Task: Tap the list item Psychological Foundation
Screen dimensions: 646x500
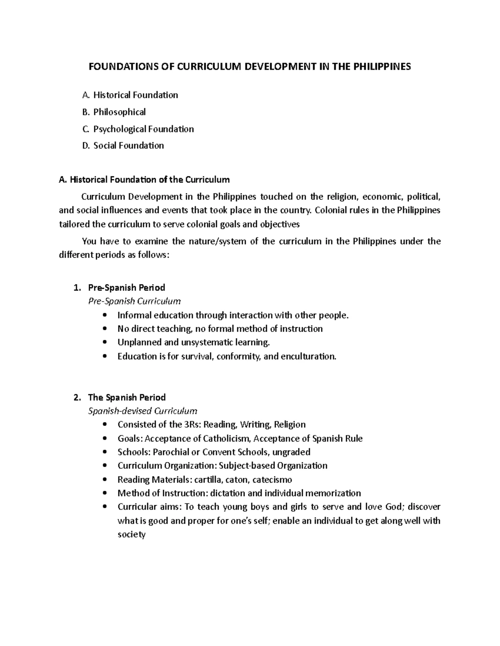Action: (x=143, y=129)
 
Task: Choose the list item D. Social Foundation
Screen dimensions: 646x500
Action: (x=123, y=146)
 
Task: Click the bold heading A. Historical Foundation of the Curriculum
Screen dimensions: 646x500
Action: (x=145, y=180)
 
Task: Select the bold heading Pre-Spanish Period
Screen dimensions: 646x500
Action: (x=127, y=287)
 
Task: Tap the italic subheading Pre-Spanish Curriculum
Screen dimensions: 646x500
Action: (x=135, y=301)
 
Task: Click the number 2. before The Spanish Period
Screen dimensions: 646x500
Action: (x=76, y=397)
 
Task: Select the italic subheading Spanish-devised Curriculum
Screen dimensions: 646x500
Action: (x=142, y=411)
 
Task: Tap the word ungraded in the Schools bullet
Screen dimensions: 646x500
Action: (x=291, y=452)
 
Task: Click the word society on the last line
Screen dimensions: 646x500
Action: (x=131, y=535)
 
